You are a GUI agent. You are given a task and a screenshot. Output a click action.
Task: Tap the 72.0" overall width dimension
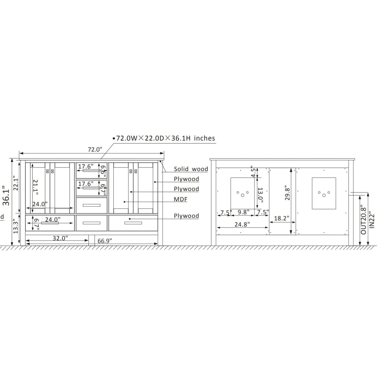coord(95,149)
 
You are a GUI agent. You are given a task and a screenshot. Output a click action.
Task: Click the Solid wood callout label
coord(191,169)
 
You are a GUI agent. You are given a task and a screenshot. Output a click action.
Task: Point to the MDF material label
coord(180,199)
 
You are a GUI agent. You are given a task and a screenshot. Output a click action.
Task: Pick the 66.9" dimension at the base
coord(105,241)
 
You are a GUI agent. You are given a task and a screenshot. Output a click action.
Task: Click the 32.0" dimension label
coord(60,238)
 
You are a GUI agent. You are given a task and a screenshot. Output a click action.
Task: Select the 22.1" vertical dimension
coord(16,184)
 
